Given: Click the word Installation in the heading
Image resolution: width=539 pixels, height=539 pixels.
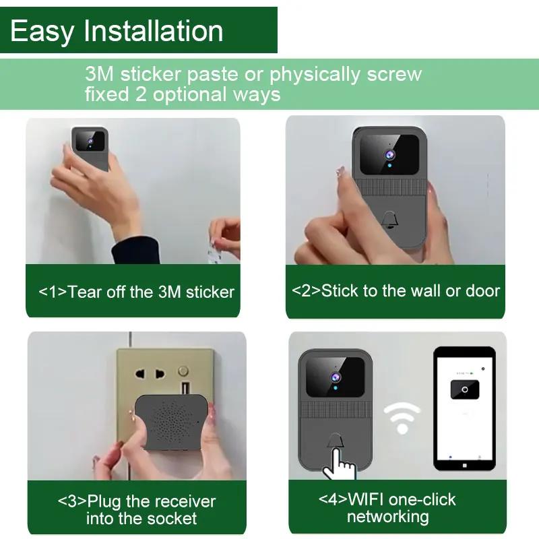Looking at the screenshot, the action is click(154, 31).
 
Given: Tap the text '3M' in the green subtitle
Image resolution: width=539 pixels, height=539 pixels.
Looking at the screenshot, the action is click(99, 73).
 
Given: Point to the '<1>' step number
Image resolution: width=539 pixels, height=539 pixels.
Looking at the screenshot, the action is click(53, 292).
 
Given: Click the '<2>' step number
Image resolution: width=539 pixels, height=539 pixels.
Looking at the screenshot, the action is click(306, 290).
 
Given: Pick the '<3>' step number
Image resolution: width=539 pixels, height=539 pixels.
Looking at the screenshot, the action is click(72, 501).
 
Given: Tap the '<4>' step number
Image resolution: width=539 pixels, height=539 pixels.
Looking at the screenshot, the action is click(333, 499).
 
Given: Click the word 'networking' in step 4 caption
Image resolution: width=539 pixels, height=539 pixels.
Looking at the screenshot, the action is click(388, 516).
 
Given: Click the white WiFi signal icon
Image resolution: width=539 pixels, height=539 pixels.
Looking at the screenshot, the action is click(402, 418).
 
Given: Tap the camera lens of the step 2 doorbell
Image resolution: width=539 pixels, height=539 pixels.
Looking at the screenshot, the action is click(389, 155).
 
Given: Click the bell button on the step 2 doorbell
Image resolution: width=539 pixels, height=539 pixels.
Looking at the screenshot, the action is click(389, 220).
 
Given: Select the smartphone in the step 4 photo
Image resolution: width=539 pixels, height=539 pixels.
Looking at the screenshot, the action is click(464, 409).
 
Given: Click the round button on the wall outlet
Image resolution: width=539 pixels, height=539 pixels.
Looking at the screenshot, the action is click(183, 371).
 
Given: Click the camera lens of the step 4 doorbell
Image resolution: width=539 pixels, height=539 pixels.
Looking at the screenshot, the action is click(336, 377).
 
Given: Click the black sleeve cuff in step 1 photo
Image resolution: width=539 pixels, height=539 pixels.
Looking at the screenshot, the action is click(135, 249).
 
